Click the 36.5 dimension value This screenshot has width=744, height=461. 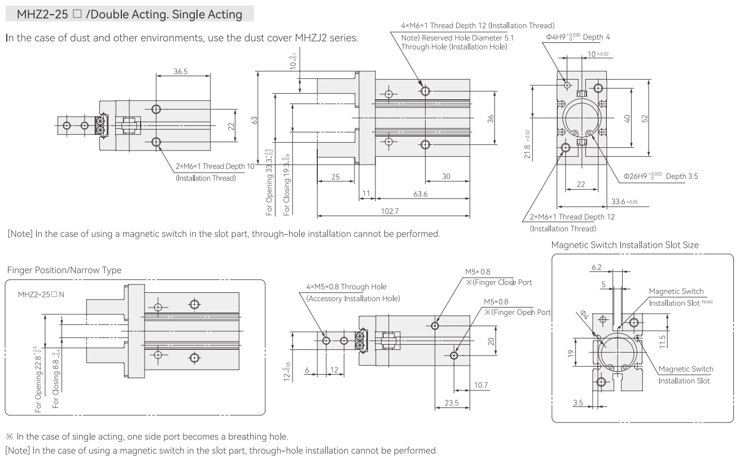[180, 71]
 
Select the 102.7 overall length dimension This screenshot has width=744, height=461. [389, 211]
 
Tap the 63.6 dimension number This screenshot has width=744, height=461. [420, 194]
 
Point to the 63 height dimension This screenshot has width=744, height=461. [255, 120]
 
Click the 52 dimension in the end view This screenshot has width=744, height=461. [644, 118]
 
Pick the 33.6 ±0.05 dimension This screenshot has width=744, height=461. [624, 201]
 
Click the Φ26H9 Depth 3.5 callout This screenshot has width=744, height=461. [660, 176]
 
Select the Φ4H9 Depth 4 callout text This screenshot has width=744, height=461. [578, 37]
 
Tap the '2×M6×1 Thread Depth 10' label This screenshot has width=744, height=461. [215, 166]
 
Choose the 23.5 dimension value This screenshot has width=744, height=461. [452, 402]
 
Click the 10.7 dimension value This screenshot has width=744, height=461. [480, 385]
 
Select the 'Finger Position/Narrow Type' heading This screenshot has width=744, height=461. [64, 270]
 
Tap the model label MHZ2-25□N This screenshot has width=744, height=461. [41, 295]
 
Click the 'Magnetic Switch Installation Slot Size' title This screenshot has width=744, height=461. [625, 245]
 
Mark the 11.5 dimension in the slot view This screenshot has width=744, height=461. [663, 341]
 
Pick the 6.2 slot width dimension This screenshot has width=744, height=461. [597, 267]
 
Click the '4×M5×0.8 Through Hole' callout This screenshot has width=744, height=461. [346, 287]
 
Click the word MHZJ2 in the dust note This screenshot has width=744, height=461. [309, 38]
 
